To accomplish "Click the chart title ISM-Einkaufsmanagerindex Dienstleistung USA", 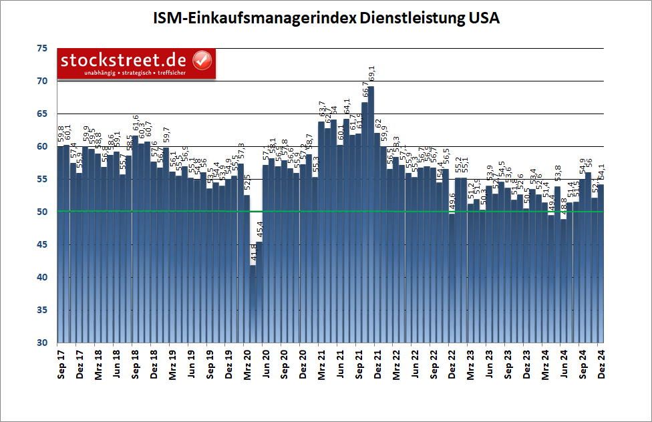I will [x=325, y=18].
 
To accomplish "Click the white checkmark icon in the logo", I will [x=202, y=59].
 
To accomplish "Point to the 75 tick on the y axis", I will [x=42, y=49].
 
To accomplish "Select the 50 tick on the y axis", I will [x=42, y=212].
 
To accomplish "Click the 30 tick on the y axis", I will [x=42, y=343].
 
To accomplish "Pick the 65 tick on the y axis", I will [x=42, y=114].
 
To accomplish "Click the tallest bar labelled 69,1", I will [x=371, y=214].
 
